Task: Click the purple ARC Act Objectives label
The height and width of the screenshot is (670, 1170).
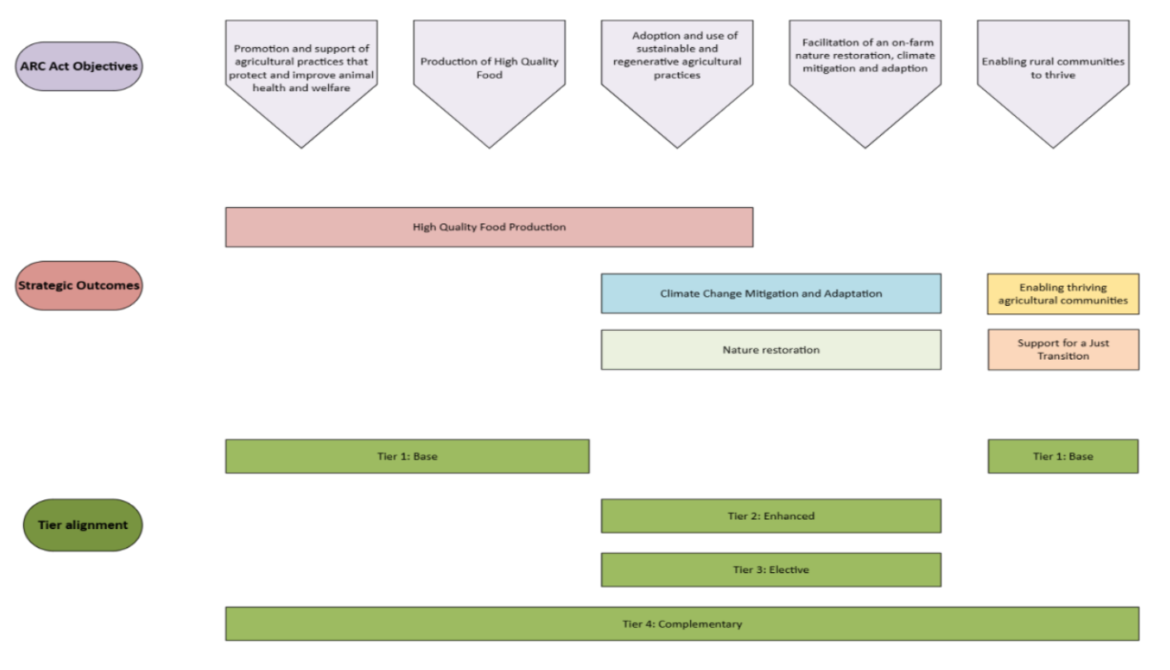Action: pos(80,66)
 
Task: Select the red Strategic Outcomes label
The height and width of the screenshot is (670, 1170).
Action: pos(80,285)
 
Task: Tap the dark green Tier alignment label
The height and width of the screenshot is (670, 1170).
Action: pos(82,525)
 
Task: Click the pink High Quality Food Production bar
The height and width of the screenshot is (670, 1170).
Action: pos(489,227)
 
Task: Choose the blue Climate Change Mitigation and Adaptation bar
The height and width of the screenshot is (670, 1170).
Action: pos(771,294)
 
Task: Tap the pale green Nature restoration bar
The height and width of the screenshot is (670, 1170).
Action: pos(771,350)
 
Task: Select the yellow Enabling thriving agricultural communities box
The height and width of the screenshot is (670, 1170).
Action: pos(1063,294)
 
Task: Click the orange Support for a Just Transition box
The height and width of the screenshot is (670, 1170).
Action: pos(1063,349)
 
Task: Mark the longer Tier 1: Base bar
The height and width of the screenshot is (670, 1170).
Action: pos(407,456)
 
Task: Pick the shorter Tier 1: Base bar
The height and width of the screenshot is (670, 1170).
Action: pos(1063,456)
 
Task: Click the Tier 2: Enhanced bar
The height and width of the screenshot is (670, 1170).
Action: pos(771,516)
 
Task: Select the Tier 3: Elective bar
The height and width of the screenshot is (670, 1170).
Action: pos(771,570)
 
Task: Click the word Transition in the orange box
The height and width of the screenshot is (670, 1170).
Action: pos(1063,356)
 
